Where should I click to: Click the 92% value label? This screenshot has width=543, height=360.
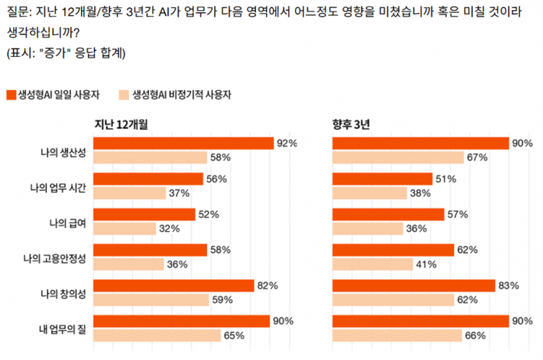(286, 144)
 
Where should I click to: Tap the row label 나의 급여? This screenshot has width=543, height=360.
(67, 222)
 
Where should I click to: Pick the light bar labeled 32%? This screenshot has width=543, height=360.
(125, 228)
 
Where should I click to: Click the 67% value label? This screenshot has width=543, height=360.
(477, 157)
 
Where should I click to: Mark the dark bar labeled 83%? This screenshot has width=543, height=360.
(414, 285)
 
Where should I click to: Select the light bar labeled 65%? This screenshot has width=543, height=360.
(157, 335)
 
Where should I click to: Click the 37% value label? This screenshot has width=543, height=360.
(179, 193)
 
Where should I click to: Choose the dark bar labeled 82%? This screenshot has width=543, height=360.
(173, 285)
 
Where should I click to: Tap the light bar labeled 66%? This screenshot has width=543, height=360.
(397, 335)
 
